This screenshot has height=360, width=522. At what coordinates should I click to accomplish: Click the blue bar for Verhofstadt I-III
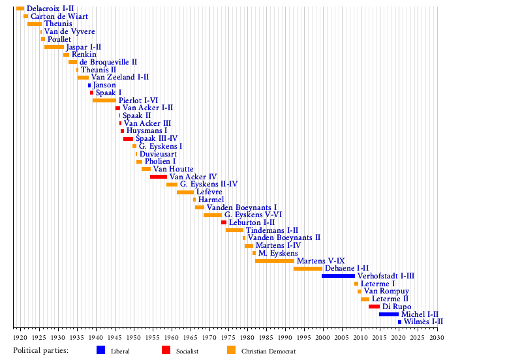tap(338, 276)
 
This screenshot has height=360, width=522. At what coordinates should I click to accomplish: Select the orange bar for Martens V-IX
tap(275, 261)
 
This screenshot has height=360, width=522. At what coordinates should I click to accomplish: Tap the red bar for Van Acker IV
tap(159, 177)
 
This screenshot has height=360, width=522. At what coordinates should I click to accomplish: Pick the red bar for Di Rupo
tap(374, 307)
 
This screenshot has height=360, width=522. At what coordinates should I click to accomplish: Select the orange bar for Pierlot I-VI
tap(104, 100)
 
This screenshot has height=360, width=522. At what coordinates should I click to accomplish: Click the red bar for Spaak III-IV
tap(128, 139)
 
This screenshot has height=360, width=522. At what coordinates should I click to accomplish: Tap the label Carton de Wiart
tap(59, 16)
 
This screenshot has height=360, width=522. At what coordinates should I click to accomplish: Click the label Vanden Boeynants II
tap(284, 238)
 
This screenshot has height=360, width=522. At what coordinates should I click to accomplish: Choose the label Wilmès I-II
tap(423, 322)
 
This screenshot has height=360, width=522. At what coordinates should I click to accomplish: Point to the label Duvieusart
tap(158, 154)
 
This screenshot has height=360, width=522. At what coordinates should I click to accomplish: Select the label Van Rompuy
tap(386, 291)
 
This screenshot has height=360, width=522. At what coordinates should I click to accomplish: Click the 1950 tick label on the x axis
tap(133, 338)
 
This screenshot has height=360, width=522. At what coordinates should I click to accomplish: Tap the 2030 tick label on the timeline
tap(437, 338)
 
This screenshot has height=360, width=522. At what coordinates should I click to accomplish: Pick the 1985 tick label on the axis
tap(266, 338)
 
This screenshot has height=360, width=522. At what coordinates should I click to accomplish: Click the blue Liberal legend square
tap(100, 350)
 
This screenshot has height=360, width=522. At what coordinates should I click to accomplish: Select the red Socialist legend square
tap(166, 350)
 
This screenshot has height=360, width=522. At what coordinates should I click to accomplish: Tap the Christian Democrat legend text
tap(264, 352)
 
